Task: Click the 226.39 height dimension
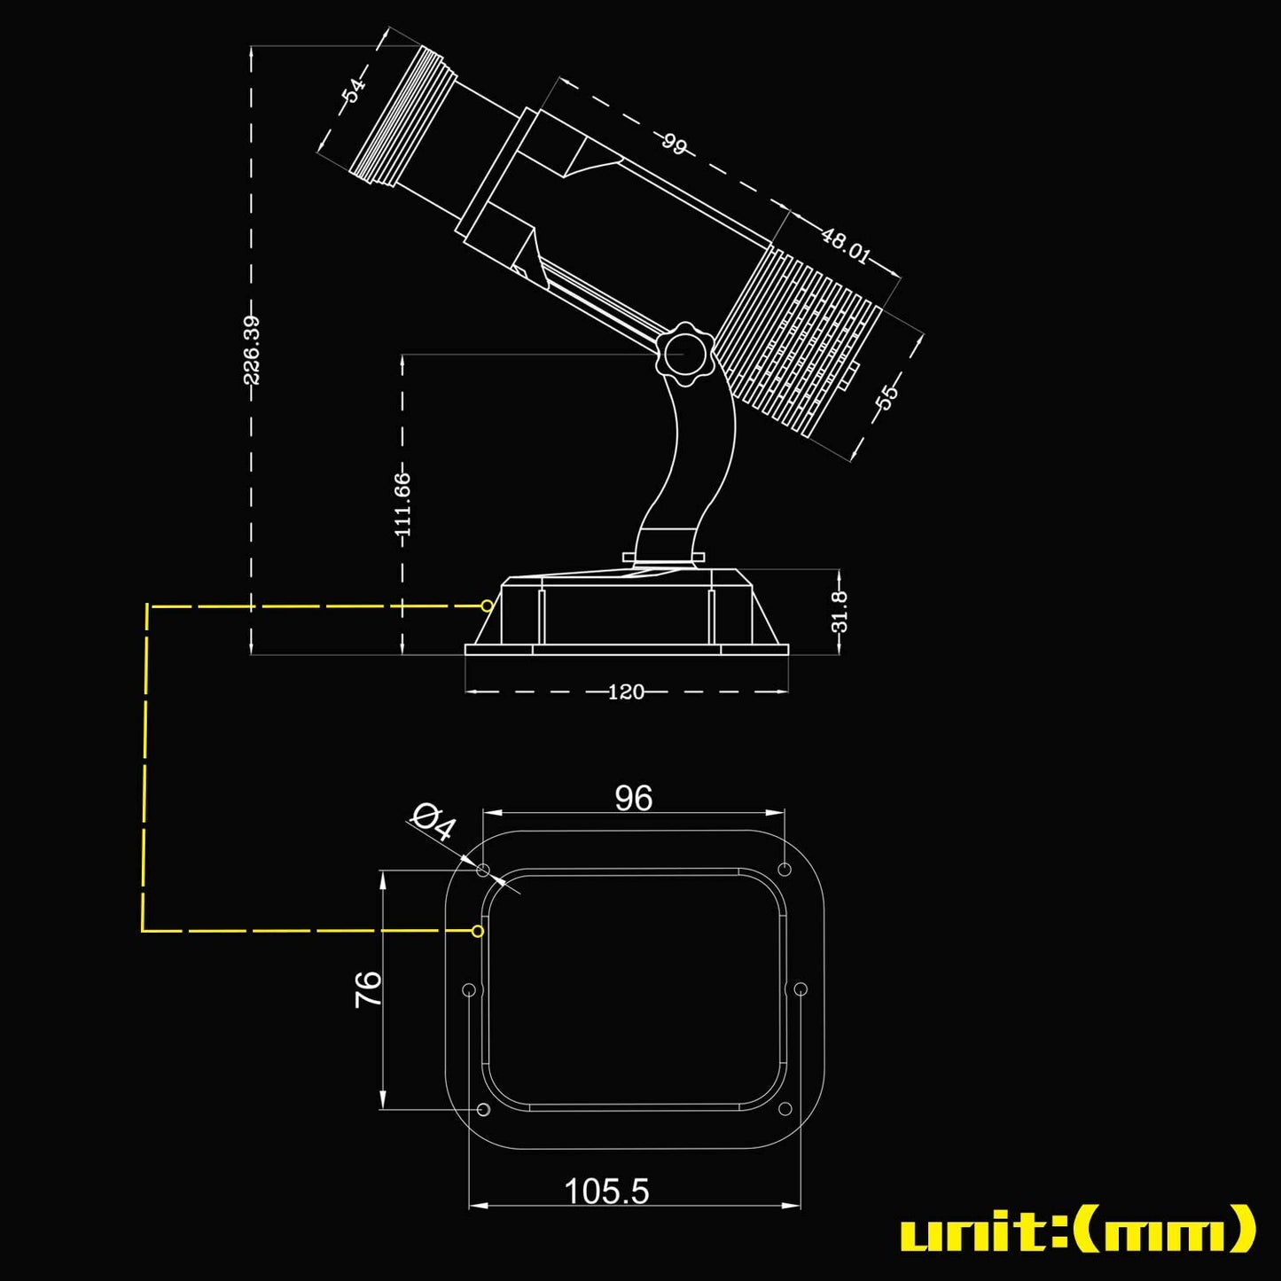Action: (252, 350)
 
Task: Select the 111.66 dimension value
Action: (402, 504)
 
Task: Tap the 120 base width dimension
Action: (626, 691)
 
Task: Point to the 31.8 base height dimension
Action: (840, 612)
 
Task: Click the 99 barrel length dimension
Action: (674, 144)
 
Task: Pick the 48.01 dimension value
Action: (845, 246)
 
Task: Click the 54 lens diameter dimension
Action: (354, 90)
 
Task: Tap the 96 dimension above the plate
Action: (634, 799)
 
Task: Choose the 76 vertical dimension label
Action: (369, 988)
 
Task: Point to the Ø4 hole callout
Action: (434, 822)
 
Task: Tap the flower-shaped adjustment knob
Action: (684, 354)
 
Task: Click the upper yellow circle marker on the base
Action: (487, 605)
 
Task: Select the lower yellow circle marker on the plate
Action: (478, 931)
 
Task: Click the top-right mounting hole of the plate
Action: (784, 868)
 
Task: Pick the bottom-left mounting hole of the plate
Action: (483, 1110)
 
